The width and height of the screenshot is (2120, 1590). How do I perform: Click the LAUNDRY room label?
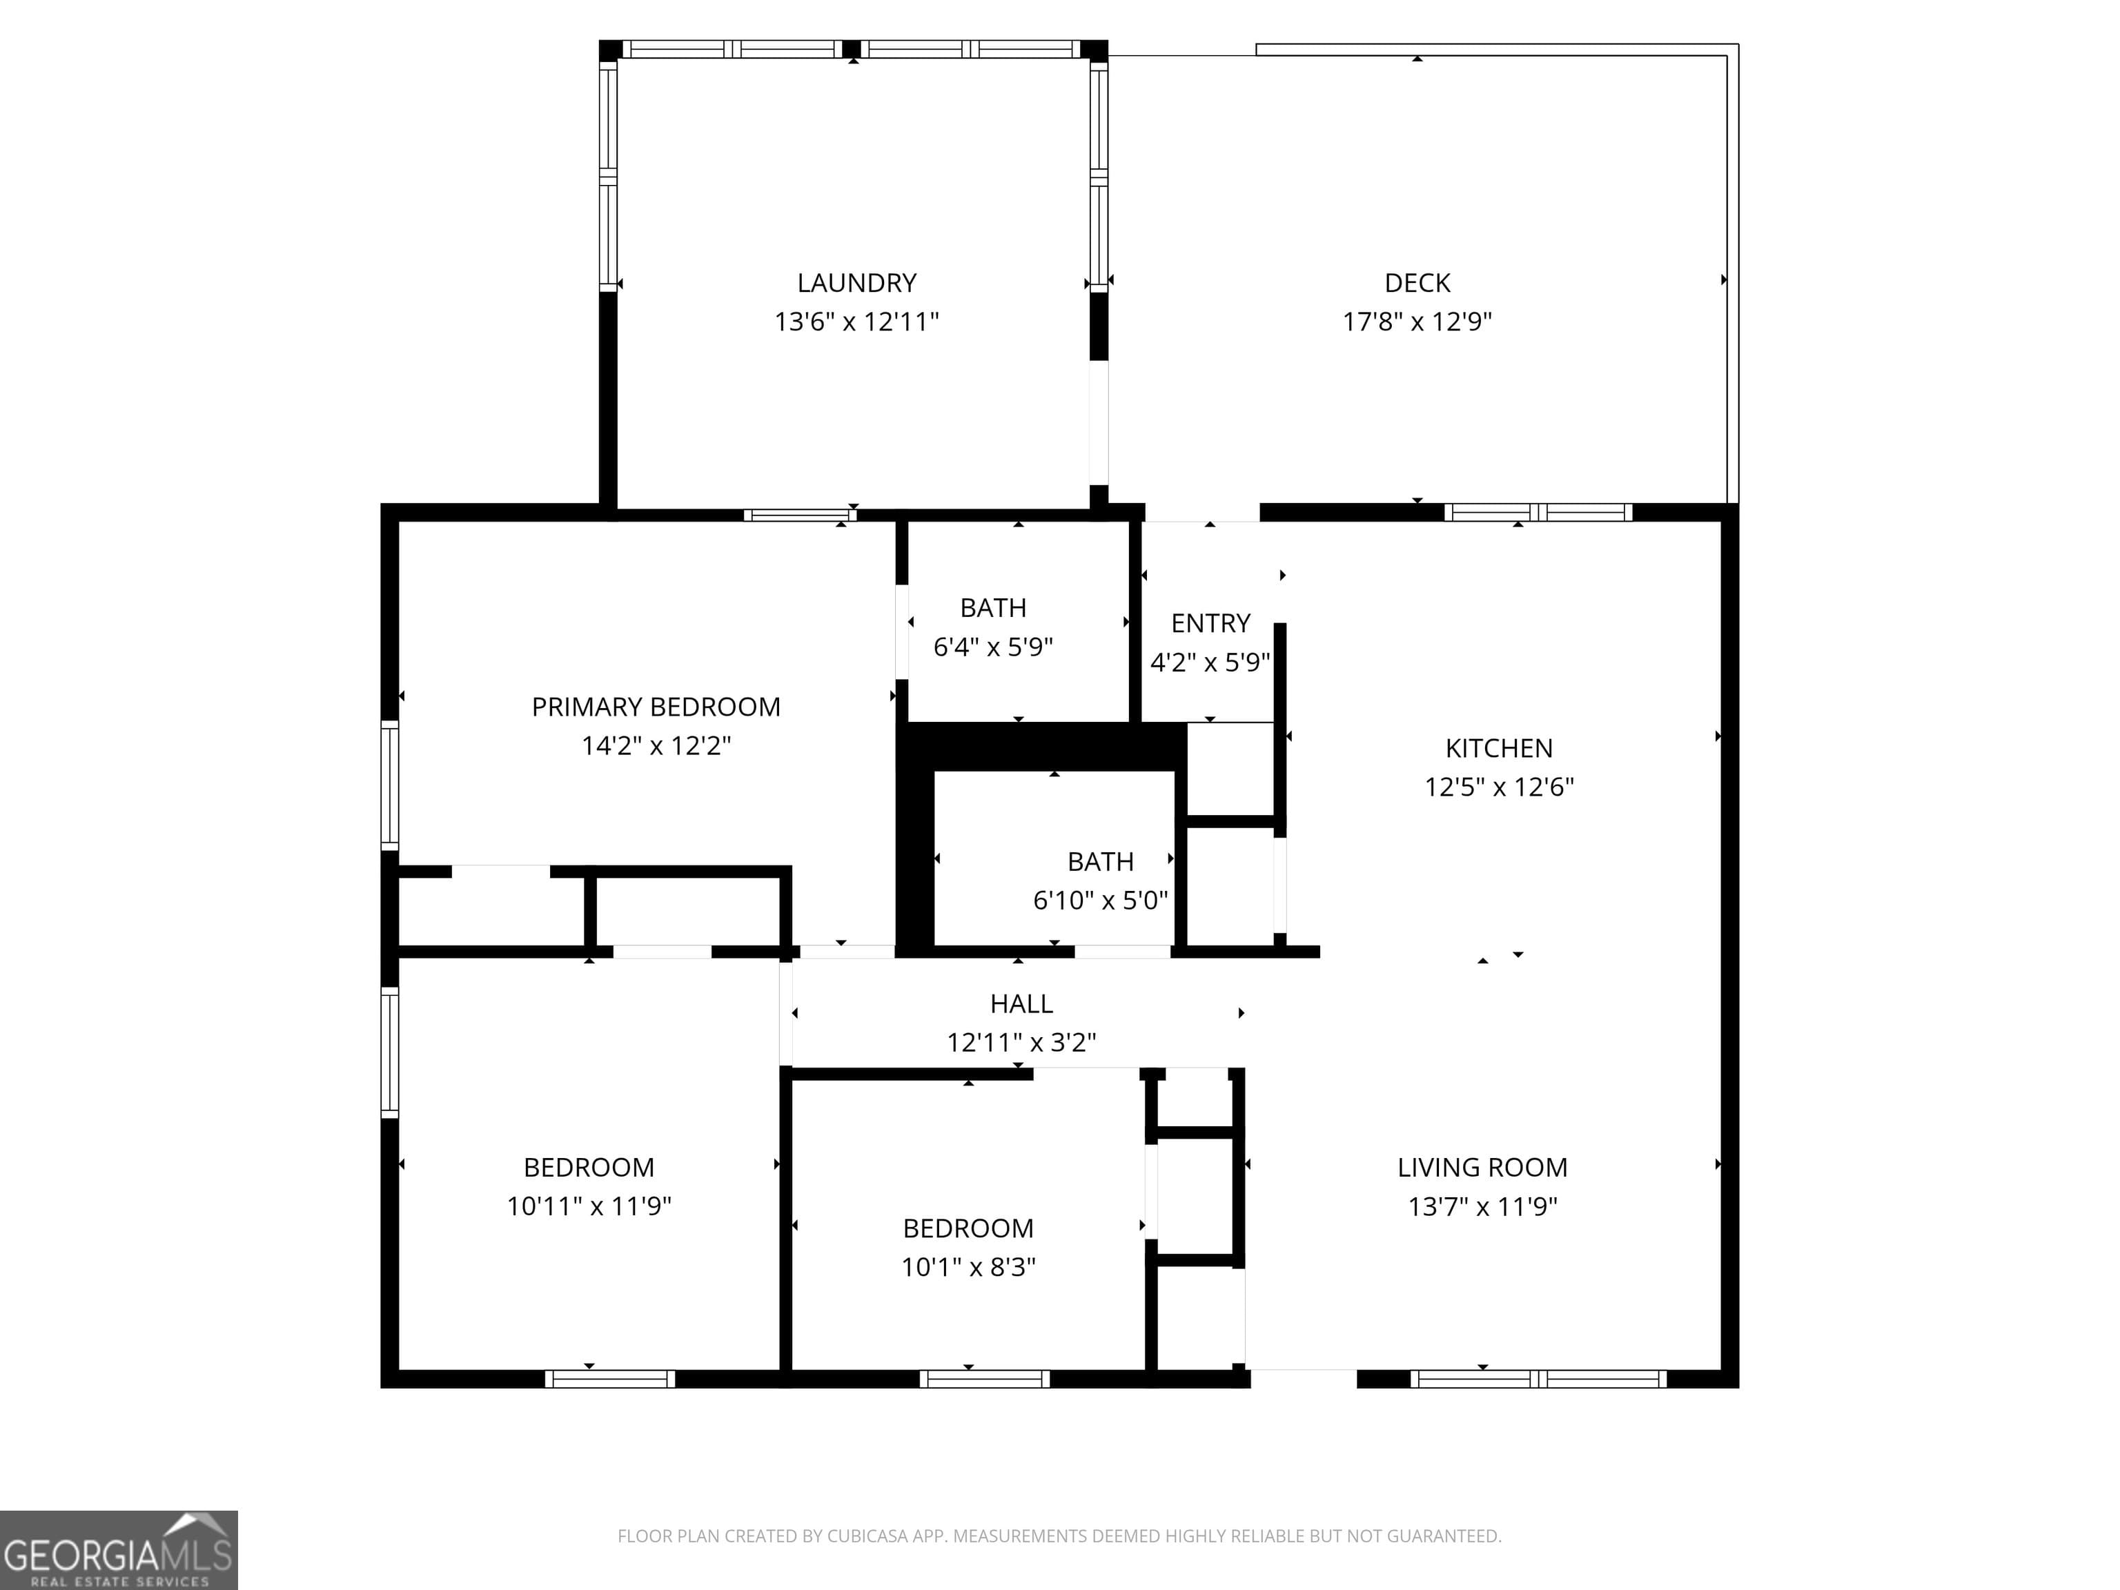[857, 283]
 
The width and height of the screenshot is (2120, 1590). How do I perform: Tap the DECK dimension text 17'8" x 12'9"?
[1417, 321]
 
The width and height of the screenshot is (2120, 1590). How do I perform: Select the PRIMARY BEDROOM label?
[656, 707]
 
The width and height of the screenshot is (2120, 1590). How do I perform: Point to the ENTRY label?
[1210, 624]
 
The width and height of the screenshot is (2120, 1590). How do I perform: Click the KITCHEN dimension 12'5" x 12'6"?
[1499, 787]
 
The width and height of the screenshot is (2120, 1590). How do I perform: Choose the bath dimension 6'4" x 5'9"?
[993, 647]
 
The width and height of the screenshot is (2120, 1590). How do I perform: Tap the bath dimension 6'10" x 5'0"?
[1100, 900]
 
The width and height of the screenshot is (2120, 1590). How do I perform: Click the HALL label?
[1021, 1003]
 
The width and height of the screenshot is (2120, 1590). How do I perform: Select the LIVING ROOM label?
[1482, 1168]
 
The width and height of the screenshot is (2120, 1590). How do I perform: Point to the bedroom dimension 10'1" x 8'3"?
[968, 1267]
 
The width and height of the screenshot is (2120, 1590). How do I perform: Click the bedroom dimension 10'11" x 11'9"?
[589, 1206]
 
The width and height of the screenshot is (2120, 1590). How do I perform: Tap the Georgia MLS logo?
[118, 1550]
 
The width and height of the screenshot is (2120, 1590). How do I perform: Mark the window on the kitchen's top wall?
[1538, 513]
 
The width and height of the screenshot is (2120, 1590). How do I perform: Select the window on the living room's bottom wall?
[1538, 1379]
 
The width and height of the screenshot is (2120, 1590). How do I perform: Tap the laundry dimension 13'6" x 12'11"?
[857, 321]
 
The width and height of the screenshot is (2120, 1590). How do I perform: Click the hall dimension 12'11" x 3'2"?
[1021, 1042]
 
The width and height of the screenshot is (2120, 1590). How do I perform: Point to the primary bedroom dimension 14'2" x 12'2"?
[656, 745]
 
